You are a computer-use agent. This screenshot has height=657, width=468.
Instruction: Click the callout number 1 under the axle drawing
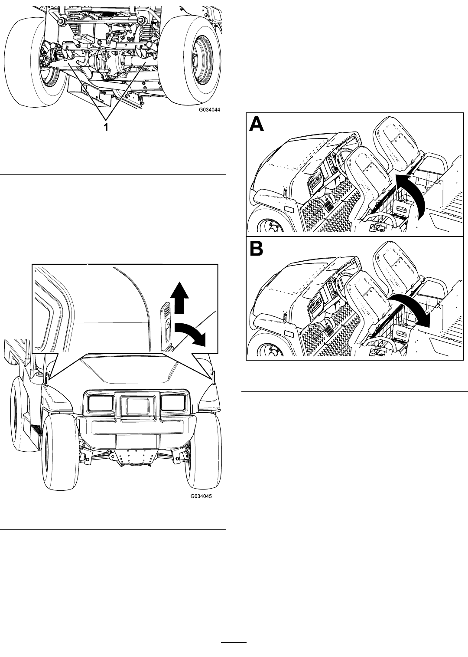(x=106, y=127)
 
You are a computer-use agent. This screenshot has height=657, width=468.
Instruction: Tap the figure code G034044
(x=209, y=110)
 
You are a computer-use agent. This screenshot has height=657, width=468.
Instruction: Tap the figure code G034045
(x=201, y=496)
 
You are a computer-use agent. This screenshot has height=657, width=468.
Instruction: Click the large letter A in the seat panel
(x=257, y=124)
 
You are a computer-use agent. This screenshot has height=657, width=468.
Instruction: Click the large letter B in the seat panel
(x=257, y=248)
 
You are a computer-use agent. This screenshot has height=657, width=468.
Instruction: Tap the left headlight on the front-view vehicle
(x=101, y=402)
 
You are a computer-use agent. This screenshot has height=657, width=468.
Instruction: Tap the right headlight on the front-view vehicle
(x=173, y=402)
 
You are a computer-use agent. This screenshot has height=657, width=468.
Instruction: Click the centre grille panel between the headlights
(x=137, y=406)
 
